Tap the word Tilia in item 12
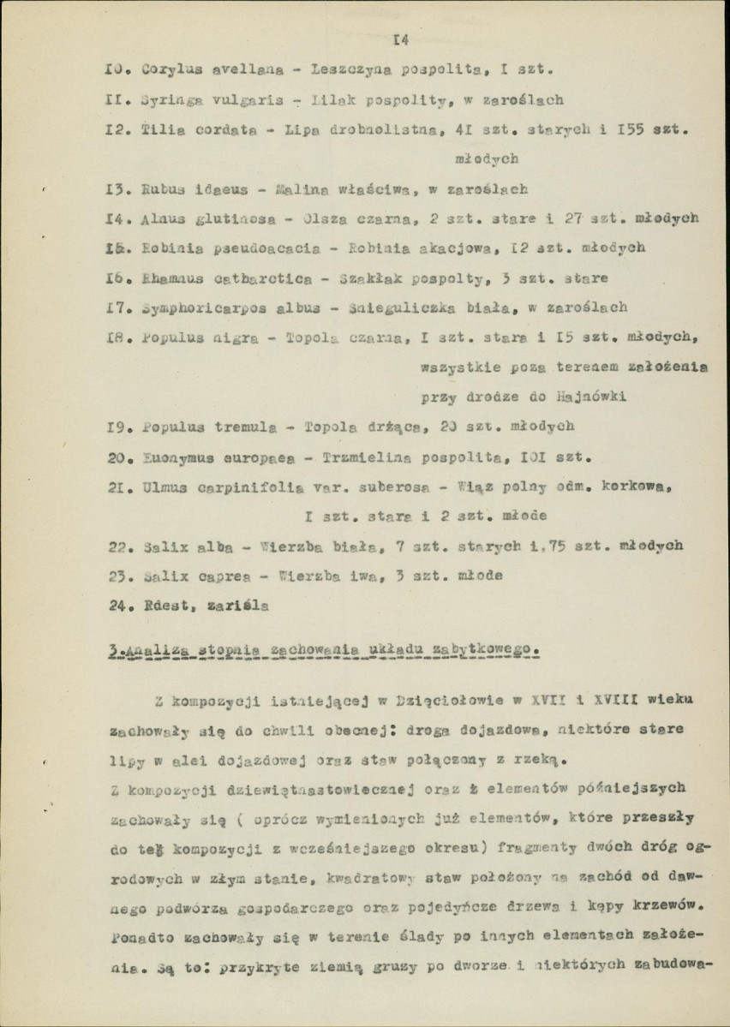click(x=159, y=129)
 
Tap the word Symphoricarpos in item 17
click(x=198, y=307)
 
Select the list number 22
click(x=119, y=545)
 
